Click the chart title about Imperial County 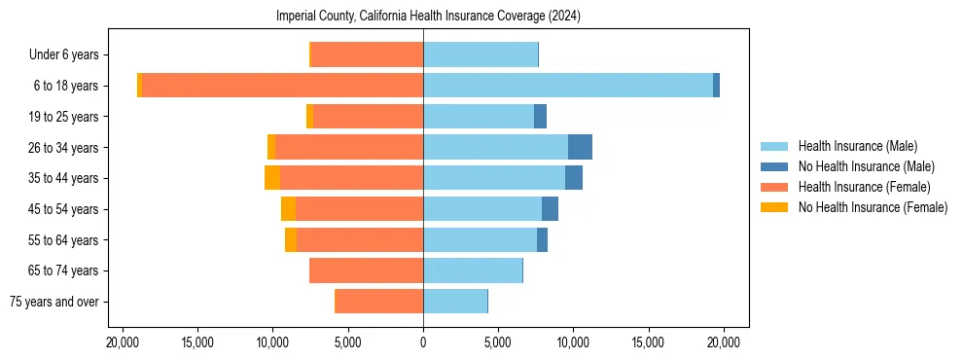428,16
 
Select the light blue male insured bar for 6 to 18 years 567,86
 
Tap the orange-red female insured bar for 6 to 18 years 282,86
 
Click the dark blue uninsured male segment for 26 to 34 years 580,147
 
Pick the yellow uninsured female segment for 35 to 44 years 272,178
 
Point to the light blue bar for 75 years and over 455,302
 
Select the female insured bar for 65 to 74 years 366,270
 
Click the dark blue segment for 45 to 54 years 550,209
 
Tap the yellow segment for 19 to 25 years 309,117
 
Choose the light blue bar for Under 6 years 481,54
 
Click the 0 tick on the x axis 423,342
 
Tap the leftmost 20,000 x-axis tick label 122,342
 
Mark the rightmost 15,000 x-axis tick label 648,342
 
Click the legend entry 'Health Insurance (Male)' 857,146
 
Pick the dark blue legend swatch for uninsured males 774,166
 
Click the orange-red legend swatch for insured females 774,187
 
